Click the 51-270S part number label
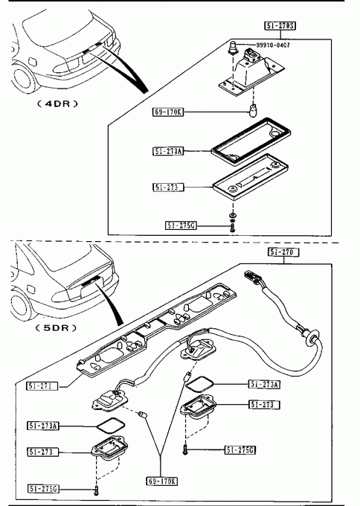pyautogui.click(x=280, y=25)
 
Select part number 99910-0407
pyautogui.click(x=273, y=45)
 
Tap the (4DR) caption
pyautogui.click(x=57, y=104)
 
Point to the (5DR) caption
pyautogui.click(x=57, y=328)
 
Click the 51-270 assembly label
pyautogui.click(x=283, y=252)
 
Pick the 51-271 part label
pyautogui.click(x=42, y=386)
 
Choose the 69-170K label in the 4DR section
pyautogui.click(x=168, y=112)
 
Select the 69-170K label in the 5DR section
pyautogui.click(x=162, y=481)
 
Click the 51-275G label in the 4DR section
pyautogui.click(x=181, y=225)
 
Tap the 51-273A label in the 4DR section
pyautogui.click(x=168, y=151)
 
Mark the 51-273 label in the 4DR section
pyautogui.click(x=168, y=188)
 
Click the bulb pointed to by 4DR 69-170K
pyautogui.click(x=253, y=110)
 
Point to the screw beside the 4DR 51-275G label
pyautogui.click(x=232, y=228)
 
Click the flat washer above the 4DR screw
pyautogui.click(x=232, y=214)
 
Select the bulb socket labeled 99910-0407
pyautogui.click(x=233, y=48)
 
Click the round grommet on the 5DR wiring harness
pyautogui.click(x=312, y=337)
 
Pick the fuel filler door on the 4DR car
pyautogui.click(x=33, y=61)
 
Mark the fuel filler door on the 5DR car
pyautogui.click(x=31, y=289)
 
